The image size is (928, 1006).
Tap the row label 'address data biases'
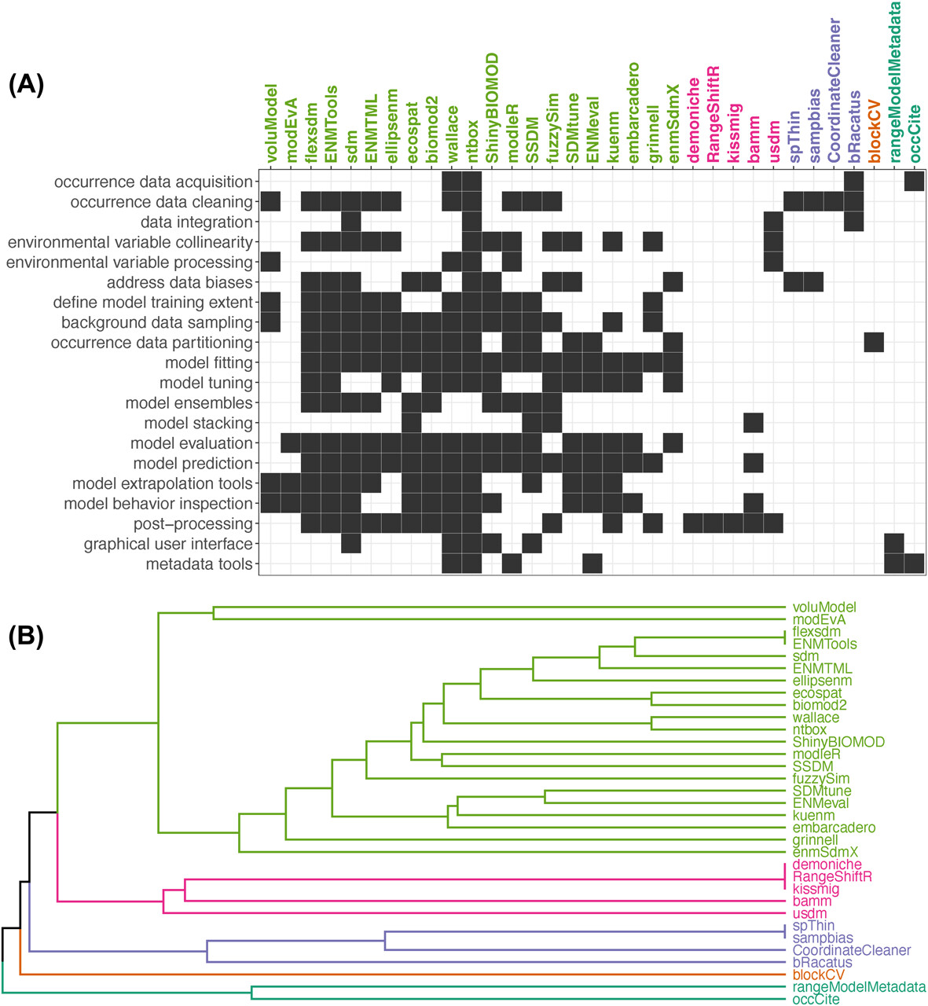tap(180, 282)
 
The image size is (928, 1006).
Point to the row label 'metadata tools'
tap(199, 564)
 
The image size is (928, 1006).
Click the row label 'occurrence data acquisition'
tap(153, 182)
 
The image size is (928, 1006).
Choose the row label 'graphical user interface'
tap(168, 544)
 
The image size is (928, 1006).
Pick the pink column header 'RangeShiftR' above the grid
tap(713, 114)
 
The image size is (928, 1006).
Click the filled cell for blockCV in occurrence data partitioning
tap(874, 343)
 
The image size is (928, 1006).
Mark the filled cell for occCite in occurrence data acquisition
tap(914, 182)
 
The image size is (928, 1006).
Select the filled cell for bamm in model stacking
tap(753, 424)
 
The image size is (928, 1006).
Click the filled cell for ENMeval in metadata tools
tap(592, 564)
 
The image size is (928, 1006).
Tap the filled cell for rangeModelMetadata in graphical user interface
tap(894, 544)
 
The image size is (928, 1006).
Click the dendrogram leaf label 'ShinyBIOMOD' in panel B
tap(838, 742)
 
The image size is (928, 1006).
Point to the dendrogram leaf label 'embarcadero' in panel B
tap(834, 828)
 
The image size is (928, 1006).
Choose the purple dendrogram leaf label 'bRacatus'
tap(822, 963)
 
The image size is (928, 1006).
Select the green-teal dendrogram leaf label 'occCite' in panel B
tap(816, 1000)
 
